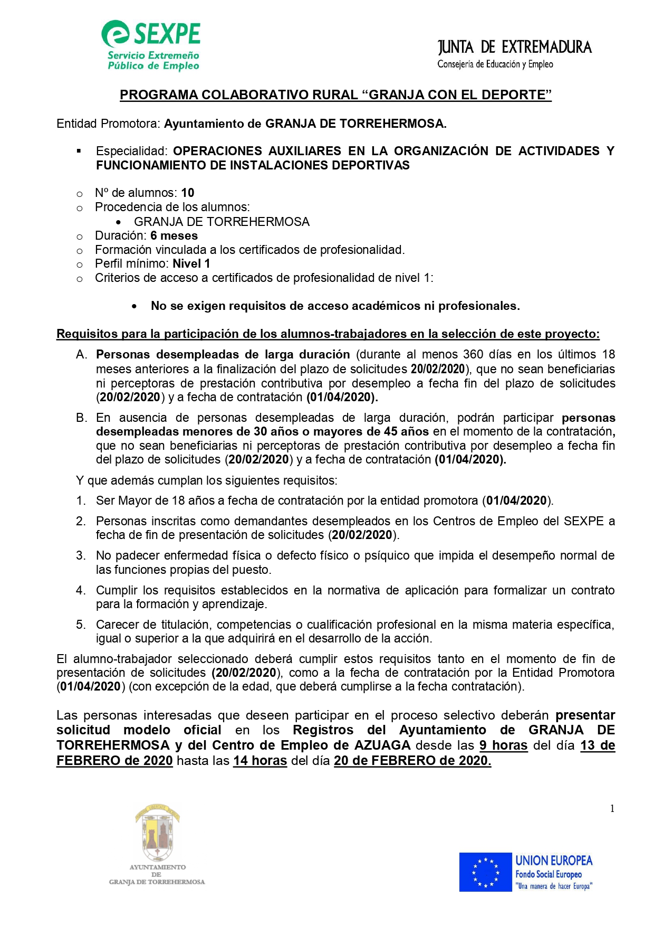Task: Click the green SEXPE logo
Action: [151, 45]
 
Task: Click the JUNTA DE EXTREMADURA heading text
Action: [514, 48]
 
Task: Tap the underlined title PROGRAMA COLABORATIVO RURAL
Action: [335, 95]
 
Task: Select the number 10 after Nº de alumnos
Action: [188, 193]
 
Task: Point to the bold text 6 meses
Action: [174, 235]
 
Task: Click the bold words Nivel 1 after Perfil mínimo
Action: [191, 263]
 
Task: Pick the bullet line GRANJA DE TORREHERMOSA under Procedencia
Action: [222, 222]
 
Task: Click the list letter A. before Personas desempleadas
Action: [81, 355]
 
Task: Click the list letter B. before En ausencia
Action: [81, 418]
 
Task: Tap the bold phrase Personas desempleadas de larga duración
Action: [223, 355]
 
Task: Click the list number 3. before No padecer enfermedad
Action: [81, 555]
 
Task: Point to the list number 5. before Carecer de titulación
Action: [81, 625]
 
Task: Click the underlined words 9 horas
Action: [503, 745]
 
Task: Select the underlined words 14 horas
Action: [260, 761]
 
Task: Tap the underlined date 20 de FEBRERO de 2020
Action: [412, 761]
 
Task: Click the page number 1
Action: [612, 808]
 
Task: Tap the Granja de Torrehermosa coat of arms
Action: [157, 833]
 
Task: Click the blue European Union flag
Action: [485, 872]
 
